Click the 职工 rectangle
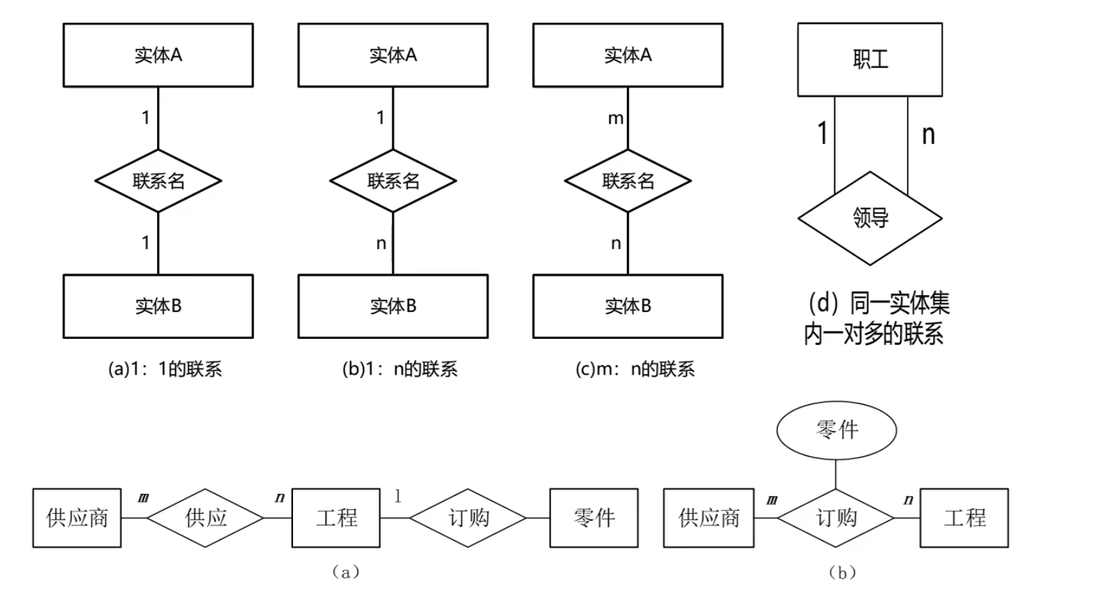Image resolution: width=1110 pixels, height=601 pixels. pyautogui.click(x=869, y=60)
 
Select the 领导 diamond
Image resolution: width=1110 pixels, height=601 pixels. pyautogui.click(x=870, y=218)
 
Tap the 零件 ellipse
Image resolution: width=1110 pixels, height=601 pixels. pyautogui.click(x=836, y=430)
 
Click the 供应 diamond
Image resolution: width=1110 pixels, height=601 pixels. pyautogui.click(x=206, y=517)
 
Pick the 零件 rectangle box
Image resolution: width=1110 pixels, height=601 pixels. pyautogui.click(x=593, y=517)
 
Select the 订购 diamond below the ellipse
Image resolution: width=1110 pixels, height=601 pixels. pyautogui.click(x=836, y=517)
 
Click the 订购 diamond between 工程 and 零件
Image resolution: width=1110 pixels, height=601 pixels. pyautogui.click(x=469, y=517)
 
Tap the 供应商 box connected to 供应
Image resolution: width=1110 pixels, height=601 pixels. pyautogui.click(x=77, y=517)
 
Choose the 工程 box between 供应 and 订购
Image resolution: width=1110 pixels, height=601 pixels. pyautogui.click(x=336, y=517)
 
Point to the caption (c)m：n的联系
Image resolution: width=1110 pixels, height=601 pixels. pyautogui.click(x=635, y=369)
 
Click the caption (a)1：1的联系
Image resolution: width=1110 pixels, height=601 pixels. pyautogui.click(x=165, y=369)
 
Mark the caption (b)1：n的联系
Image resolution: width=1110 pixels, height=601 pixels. pyautogui.click(x=399, y=369)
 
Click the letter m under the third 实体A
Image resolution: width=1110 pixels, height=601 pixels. pyautogui.click(x=615, y=119)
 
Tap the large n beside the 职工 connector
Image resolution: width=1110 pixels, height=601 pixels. pyautogui.click(x=928, y=134)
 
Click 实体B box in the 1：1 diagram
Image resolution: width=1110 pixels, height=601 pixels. pyautogui.click(x=158, y=306)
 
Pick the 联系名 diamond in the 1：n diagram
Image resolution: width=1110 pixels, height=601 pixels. pyautogui.click(x=393, y=181)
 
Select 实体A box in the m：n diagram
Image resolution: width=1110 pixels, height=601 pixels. pyautogui.click(x=628, y=55)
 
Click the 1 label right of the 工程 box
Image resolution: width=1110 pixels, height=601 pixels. pyautogui.click(x=398, y=496)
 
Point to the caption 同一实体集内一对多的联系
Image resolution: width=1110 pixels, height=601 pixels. pyautogui.click(x=877, y=318)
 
